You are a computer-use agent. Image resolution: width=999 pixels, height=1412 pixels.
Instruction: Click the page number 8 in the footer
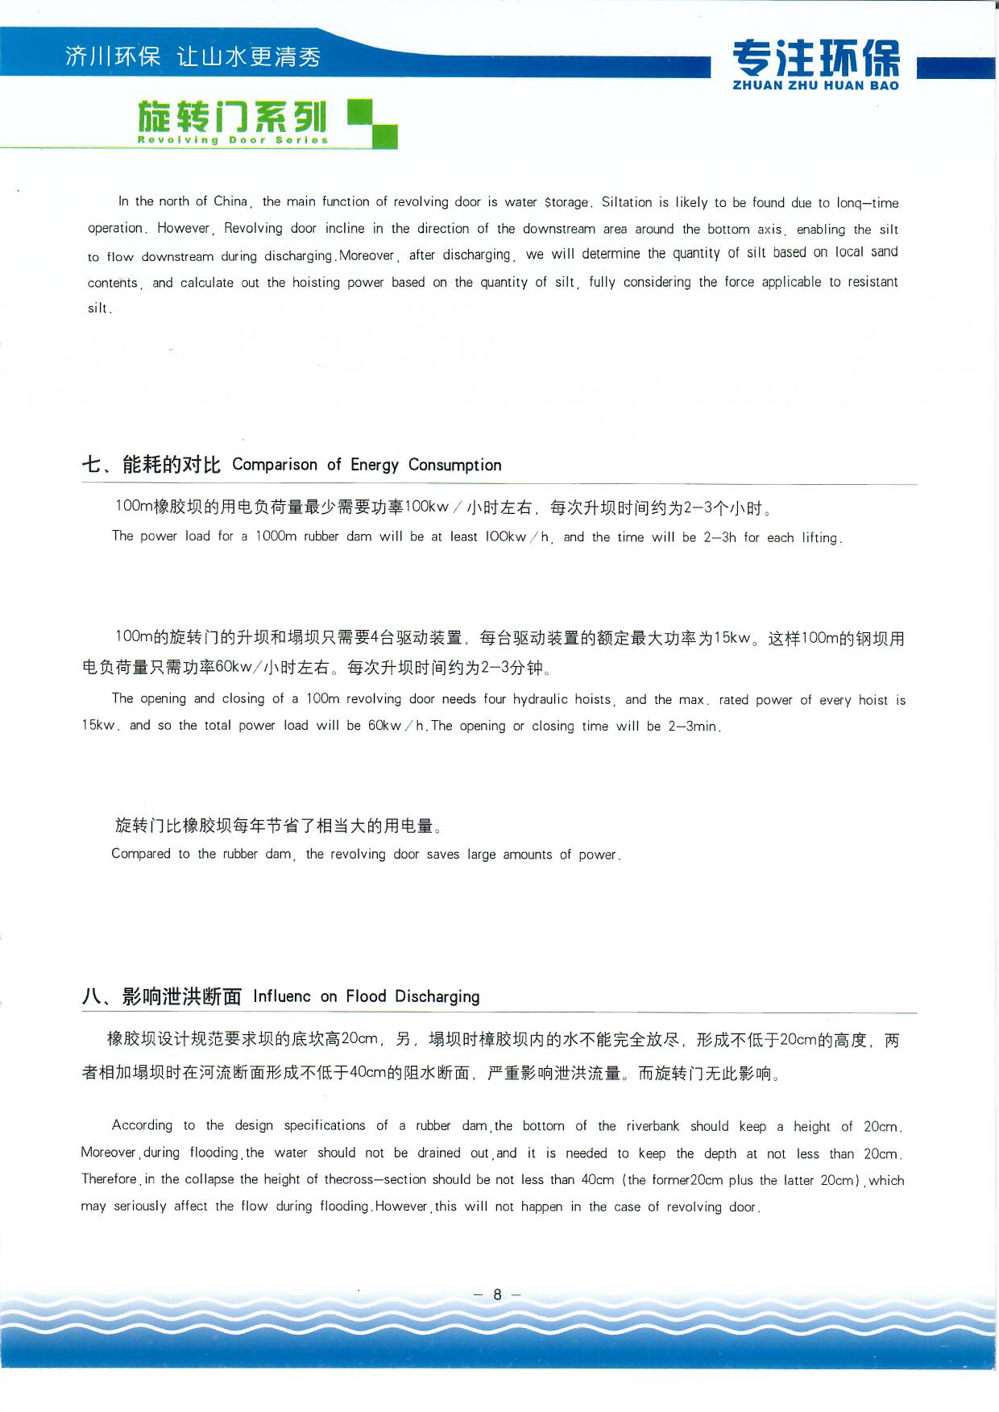click(497, 1294)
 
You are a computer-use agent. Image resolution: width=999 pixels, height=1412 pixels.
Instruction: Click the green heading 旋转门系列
click(232, 117)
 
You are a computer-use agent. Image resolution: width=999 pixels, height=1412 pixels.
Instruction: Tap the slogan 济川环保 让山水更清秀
click(193, 56)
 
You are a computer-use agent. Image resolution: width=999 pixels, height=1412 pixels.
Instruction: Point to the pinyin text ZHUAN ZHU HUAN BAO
click(815, 85)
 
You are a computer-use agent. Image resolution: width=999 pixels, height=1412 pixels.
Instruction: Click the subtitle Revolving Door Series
click(232, 140)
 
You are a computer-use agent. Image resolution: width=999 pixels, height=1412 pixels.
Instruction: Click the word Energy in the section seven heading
click(374, 465)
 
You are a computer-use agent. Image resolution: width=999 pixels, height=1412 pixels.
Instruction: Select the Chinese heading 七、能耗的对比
click(151, 465)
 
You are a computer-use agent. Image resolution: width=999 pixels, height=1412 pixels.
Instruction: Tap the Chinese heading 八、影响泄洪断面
click(161, 996)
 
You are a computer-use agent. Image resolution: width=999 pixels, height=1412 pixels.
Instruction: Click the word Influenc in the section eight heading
click(281, 996)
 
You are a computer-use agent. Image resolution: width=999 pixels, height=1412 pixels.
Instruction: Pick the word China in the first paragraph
click(230, 201)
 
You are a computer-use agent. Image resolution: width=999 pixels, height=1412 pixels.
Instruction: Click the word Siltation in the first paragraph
click(627, 202)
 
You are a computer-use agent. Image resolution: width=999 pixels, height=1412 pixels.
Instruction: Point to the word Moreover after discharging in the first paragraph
click(367, 256)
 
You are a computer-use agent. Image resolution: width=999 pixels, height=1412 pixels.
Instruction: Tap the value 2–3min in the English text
click(693, 726)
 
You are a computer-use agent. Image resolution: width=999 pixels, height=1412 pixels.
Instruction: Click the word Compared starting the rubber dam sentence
click(141, 854)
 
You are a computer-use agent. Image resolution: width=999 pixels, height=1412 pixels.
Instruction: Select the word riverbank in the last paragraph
click(653, 1126)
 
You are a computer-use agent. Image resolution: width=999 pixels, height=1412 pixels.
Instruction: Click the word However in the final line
click(401, 1207)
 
